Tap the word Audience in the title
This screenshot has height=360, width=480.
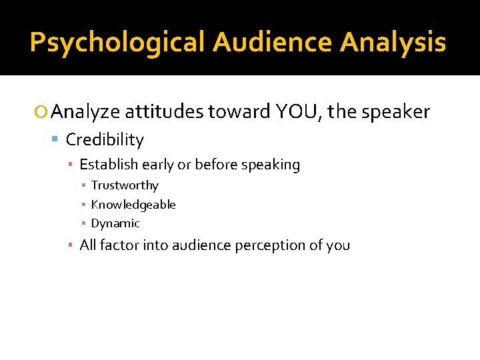tap(273, 42)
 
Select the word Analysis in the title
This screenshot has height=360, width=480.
tap(393, 42)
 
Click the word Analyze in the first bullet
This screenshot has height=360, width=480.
tap(85, 112)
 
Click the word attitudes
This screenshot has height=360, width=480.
tap(163, 112)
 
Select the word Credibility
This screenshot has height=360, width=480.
tap(105, 140)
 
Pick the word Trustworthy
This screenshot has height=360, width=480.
tap(125, 185)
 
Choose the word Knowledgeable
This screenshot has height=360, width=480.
tap(133, 205)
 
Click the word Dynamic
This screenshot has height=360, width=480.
tap(115, 223)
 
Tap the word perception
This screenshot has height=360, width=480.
tap(267, 245)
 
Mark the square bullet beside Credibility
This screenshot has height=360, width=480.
tap(57, 140)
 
